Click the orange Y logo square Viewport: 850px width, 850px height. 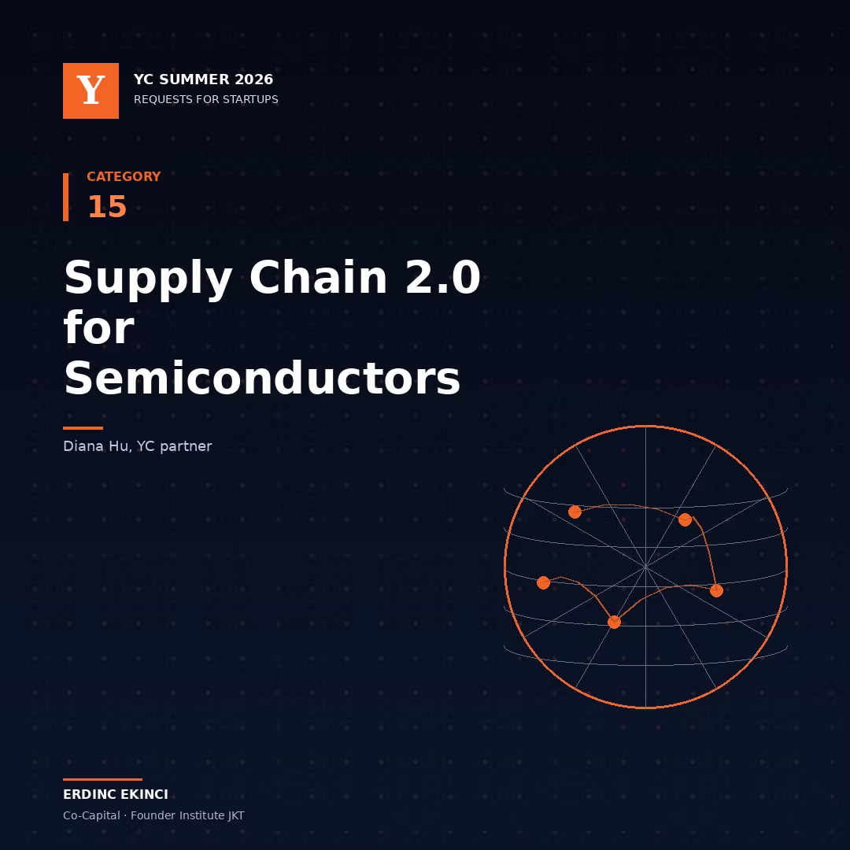click(91, 91)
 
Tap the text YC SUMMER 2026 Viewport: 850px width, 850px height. click(203, 79)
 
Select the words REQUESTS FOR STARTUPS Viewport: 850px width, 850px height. click(206, 99)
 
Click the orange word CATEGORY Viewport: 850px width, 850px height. click(124, 176)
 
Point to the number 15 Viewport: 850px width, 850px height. click(107, 206)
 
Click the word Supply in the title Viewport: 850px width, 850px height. click(148, 279)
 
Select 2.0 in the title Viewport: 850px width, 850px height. click(443, 277)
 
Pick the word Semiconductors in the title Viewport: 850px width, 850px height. click(262, 377)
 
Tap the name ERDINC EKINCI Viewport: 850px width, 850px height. click(116, 794)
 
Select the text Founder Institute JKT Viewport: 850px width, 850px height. click(187, 815)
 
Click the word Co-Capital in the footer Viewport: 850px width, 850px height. click(91, 815)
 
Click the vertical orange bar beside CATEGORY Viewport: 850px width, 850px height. click(65, 197)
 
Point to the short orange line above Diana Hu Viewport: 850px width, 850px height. click(83, 427)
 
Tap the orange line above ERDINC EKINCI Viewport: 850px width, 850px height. click(102, 779)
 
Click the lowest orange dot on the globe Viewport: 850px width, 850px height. click(614, 623)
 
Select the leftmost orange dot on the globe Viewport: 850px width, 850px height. click(543, 582)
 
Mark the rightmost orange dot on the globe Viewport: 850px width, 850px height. click(717, 591)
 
